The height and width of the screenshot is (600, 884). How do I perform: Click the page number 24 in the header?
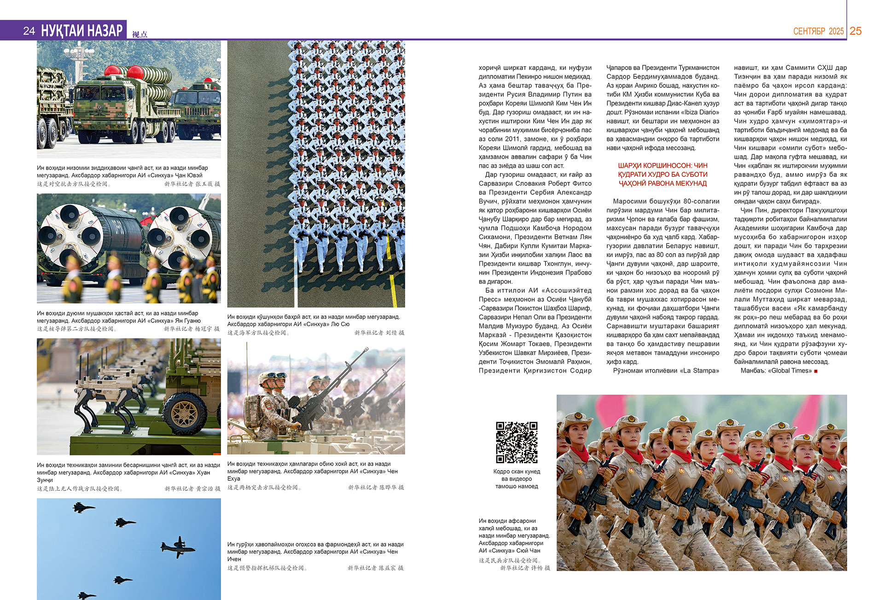29,31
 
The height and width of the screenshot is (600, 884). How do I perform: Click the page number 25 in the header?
855,31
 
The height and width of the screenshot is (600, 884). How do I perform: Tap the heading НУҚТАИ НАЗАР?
82,30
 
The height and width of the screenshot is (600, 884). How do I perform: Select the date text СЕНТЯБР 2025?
818,31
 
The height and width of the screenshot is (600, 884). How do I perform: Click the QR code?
517,442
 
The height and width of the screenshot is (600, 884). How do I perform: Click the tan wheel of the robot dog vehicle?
185,413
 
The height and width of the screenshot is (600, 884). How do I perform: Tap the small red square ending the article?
816,371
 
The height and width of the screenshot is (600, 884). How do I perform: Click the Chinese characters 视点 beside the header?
140,34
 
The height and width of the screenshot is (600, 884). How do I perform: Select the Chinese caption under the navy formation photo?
258,332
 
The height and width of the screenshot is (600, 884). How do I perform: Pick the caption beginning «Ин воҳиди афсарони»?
514,536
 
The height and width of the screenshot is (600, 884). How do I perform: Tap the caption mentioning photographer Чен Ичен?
315,551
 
